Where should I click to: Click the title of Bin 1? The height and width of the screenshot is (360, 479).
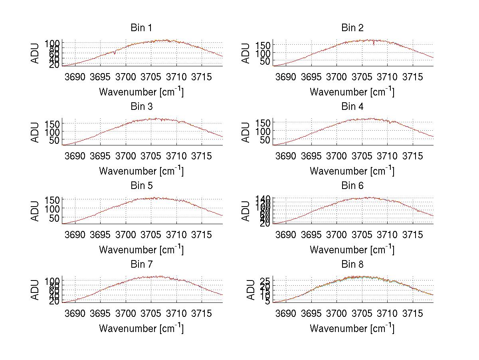pos(141,28)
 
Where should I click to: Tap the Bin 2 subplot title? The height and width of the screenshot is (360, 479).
pos(352,28)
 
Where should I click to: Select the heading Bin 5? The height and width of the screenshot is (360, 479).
pos(141,185)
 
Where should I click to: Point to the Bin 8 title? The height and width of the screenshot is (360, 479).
pos(352,264)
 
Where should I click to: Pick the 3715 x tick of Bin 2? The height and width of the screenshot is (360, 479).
pos(412,76)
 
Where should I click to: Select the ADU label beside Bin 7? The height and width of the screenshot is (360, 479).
pos(36,290)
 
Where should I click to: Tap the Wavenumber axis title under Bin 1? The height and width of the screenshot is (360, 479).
pos(141,92)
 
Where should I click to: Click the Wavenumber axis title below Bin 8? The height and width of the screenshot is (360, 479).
pos(352,328)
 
